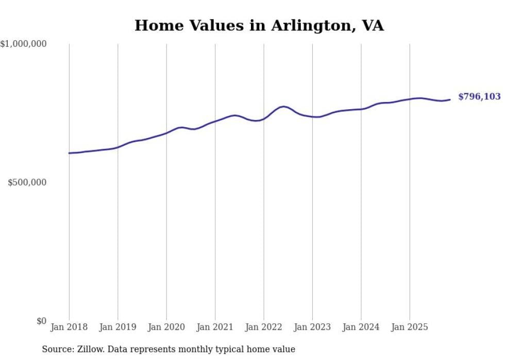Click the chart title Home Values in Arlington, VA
259,25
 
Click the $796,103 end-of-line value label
479,97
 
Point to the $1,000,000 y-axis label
23,44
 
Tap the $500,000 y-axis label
27,182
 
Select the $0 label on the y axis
41,321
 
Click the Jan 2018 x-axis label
69,327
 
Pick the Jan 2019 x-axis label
117,327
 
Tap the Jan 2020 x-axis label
166,327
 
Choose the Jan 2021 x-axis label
215,327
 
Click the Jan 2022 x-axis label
264,327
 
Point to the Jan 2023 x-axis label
312,327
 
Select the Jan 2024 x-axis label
361,327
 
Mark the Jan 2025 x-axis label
410,327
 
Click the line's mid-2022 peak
283,107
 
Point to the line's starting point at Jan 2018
69,153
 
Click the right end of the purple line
450,99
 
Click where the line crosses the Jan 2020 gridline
166,133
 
